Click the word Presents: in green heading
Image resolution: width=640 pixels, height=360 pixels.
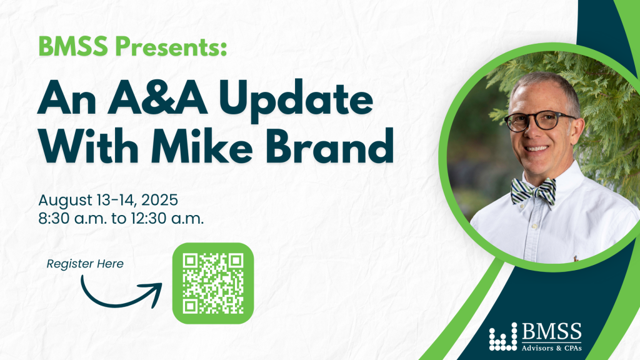[x=171, y=46]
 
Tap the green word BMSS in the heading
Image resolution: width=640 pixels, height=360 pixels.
[x=73, y=46]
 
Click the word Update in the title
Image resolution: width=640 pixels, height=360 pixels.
[x=296, y=100]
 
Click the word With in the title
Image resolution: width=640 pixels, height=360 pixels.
[x=89, y=145]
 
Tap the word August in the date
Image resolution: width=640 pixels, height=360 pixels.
[x=66, y=201]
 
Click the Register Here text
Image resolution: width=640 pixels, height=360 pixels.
[x=85, y=264]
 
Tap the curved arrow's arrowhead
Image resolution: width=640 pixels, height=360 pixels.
[x=154, y=293]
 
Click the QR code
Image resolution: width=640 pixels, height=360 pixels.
[x=213, y=283]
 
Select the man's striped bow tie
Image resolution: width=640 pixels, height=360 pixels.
[x=534, y=191]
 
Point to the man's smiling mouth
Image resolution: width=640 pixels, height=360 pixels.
[x=536, y=149]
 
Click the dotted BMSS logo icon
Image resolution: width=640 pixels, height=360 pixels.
[x=503, y=337]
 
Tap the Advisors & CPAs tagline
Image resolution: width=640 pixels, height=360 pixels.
[x=551, y=348]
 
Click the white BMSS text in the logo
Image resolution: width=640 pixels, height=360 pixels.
[x=551, y=332]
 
